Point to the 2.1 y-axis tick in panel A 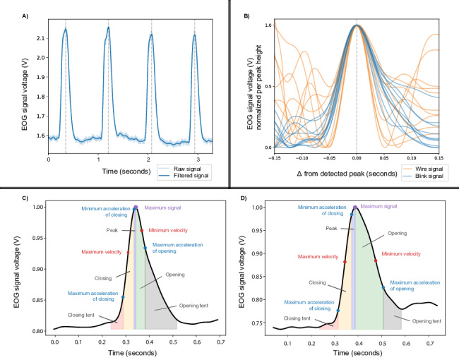[x=37, y=38]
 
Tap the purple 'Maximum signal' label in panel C [x=161, y=208]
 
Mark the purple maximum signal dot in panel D [x=355, y=208]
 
